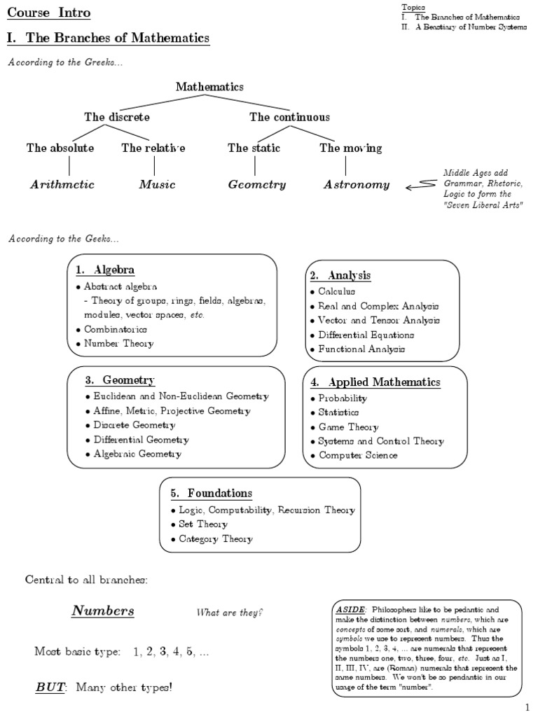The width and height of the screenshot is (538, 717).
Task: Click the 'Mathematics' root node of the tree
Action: tap(209, 87)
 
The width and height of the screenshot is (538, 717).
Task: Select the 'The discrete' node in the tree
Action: tap(117, 117)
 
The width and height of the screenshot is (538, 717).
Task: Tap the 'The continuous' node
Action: tap(289, 117)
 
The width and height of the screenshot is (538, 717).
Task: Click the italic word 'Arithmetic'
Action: tap(62, 185)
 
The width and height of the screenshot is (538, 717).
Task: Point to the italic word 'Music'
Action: tap(157, 185)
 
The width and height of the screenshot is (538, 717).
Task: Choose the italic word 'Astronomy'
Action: tap(356, 185)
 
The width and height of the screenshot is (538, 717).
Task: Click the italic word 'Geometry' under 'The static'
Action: tap(257, 185)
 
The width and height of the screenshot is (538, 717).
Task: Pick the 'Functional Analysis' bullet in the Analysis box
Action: tap(361, 349)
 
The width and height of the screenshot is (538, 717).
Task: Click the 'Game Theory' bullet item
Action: tap(348, 427)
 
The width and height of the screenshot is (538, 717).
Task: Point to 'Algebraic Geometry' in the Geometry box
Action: tap(137, 454)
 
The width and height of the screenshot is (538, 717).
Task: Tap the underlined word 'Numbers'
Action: tap(103, 611)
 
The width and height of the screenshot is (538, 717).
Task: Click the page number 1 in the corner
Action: tap(527, 709)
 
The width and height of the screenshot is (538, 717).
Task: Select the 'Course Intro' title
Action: tap(48, 13)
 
